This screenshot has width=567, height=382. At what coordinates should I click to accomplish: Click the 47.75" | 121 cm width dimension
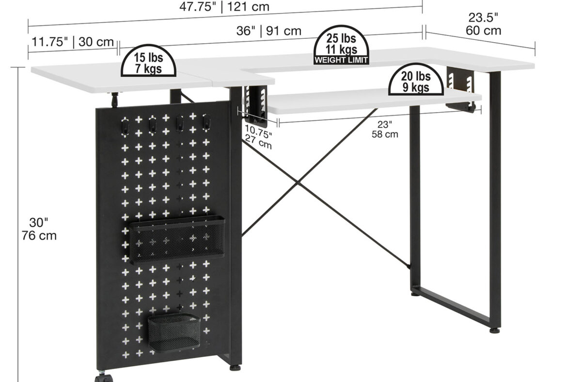tap(224, 6)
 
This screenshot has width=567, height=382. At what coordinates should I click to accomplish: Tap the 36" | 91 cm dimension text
tap(268, 31)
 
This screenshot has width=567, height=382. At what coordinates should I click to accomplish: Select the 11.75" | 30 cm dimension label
tap(73, 42)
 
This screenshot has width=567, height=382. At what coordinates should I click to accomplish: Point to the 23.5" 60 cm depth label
tap(483, 24)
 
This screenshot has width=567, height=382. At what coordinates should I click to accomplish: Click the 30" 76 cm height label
tap(39, 229)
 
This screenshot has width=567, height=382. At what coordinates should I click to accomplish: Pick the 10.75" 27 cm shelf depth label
tap(258, 136)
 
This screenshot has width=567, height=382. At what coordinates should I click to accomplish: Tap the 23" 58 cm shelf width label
tap(385, 129)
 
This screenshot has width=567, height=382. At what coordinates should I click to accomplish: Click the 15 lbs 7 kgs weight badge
tap(148, 61)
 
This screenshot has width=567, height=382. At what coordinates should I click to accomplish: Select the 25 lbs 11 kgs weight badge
tap(341, 45)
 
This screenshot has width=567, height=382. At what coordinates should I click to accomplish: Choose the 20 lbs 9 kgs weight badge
tap(416, 80)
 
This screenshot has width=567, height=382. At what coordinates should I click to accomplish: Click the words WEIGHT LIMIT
tap(341, 60)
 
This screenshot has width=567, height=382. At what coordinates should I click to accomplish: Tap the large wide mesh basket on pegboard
tap(177, 239)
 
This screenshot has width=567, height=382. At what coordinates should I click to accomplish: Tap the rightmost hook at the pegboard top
tap(206, 122)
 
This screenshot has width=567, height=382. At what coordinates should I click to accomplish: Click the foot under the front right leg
tap(495, 330)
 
